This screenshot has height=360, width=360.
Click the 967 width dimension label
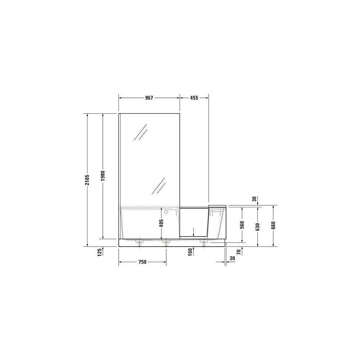coord(149,98)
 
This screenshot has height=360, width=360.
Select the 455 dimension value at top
coord(194,98)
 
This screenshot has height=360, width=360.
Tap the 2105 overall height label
coord(87,180)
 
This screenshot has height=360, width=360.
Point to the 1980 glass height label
coord(103,176)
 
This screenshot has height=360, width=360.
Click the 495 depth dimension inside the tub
coord(161,223)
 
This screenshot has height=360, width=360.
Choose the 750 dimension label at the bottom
coord(142,262)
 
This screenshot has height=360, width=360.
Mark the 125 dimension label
coord(99,253)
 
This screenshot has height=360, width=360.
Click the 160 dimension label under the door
coord(190,253)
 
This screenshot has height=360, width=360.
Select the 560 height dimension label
coord(242,225)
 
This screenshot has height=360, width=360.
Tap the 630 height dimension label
coord(257,227)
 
